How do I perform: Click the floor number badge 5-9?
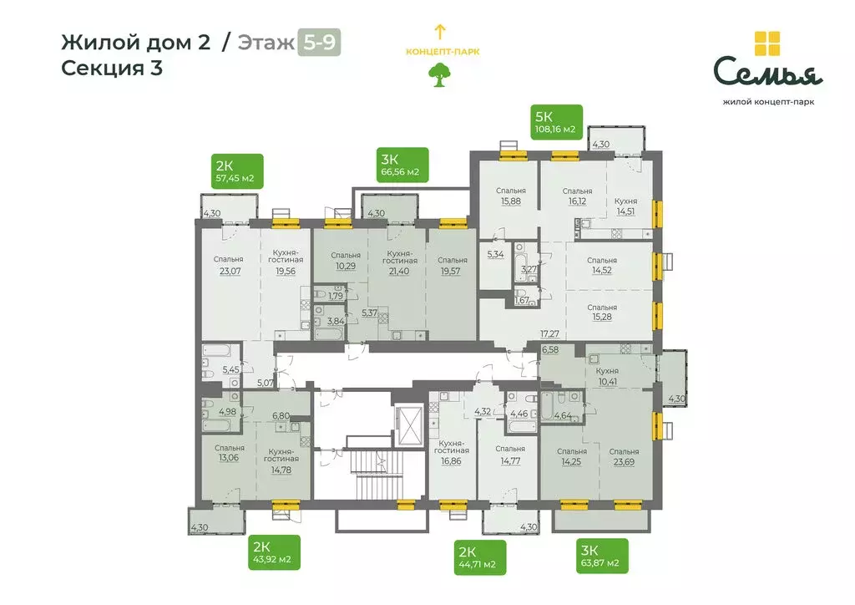coord(319,43)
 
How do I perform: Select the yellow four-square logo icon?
coord(766,43)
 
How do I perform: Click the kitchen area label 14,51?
coord(625,211)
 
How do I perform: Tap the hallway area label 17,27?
coord(549,333)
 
